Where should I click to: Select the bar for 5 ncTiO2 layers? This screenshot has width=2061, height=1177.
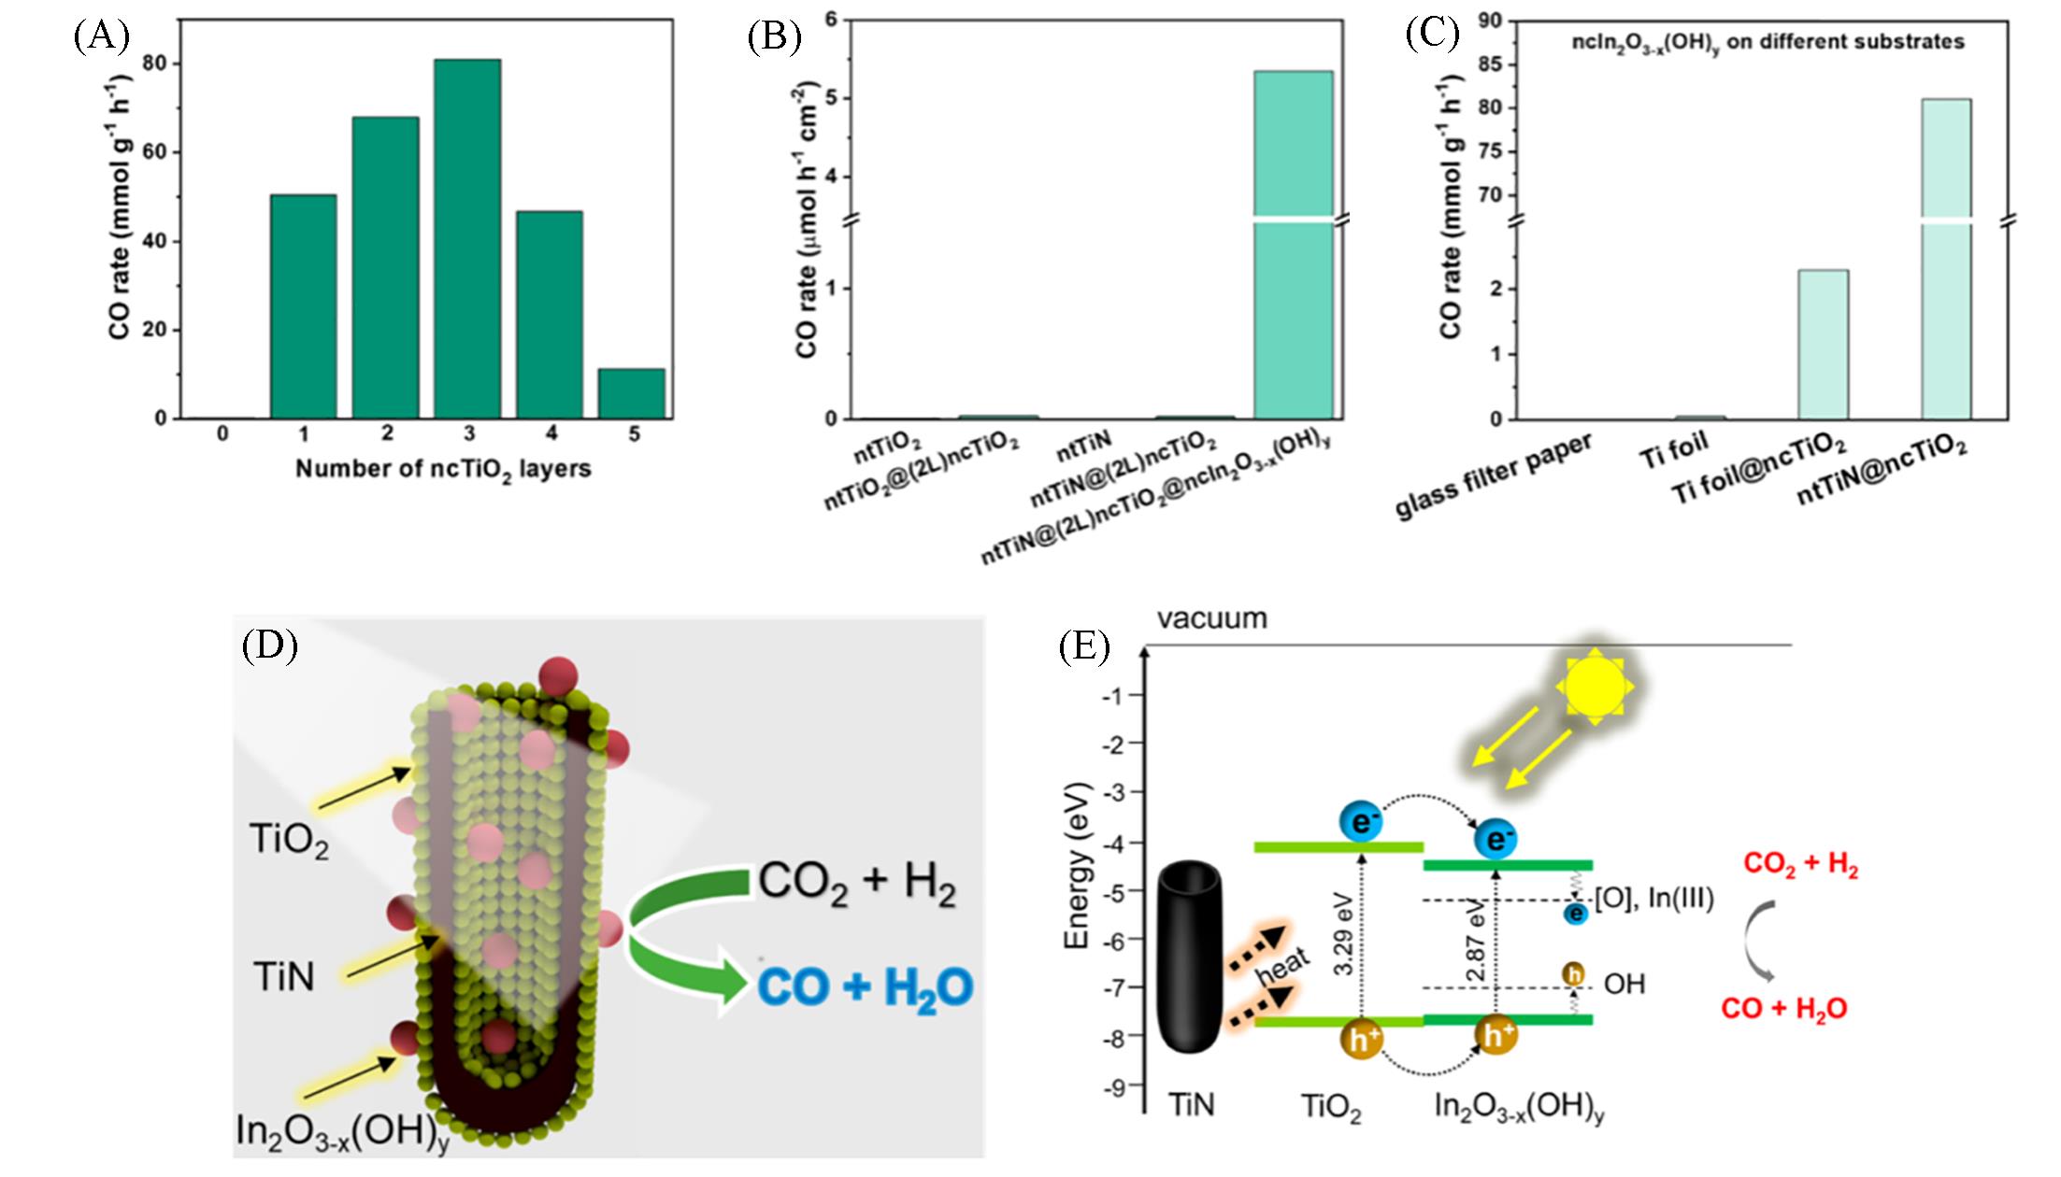pyautogui.click(x=632, y=393)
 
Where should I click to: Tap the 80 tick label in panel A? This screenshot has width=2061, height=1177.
pyautogui.click(x=160, y=64)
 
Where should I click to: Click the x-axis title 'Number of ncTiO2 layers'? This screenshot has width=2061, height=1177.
pyautogui.click(x=443, y=469)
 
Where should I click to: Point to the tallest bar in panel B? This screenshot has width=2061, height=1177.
pyautogui.click(x=1294, y=243)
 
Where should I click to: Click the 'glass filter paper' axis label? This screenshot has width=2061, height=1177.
pyautogui.click(x=1494, y=476)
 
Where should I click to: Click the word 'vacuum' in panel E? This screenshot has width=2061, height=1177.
pyautogui.click(x=1212, y=618)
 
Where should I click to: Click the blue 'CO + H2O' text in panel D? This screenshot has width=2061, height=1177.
pyautogui.click(x=866, y=987)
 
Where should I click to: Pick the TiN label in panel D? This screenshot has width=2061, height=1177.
pyautogui.click(x=283, y=977)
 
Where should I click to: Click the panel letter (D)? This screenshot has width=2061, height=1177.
pyautogui.click(x=269, y=645)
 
